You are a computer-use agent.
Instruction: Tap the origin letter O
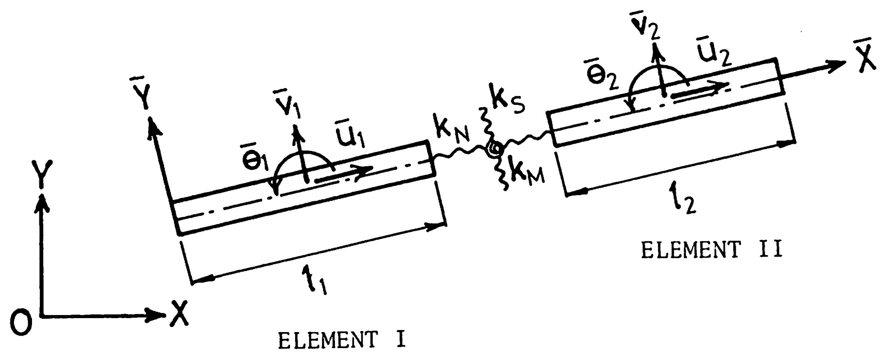click(21, 322)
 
